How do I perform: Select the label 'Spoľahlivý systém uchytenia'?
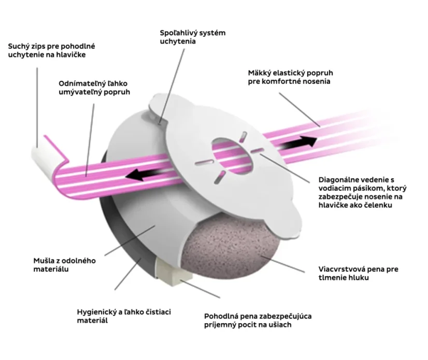pyautogui.click(x=192, y=37)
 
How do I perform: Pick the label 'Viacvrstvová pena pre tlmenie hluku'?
pyautogui.click(x=358, y=273)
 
